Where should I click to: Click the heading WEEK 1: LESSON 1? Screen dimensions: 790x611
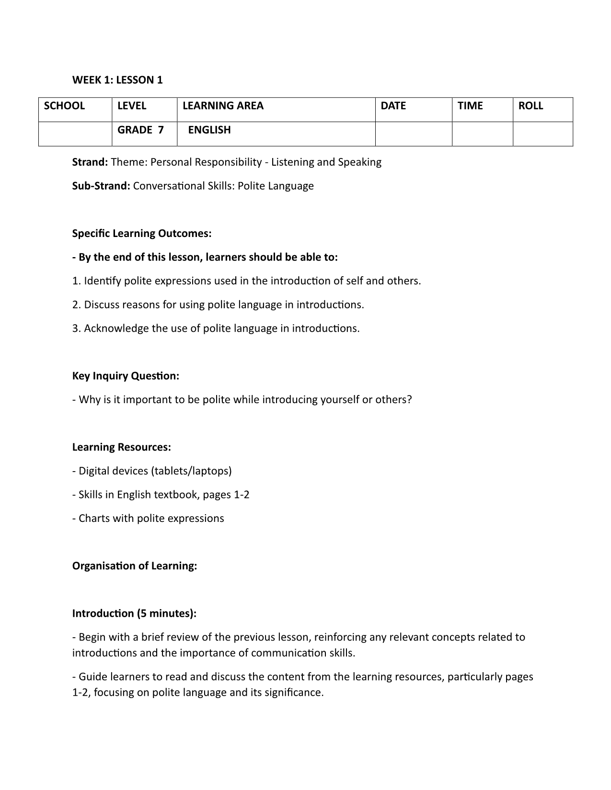[117, 80]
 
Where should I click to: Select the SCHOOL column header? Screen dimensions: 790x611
[64, 106]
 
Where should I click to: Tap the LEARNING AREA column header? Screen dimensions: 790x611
[223, 106]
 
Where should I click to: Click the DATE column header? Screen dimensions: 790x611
[393, 106]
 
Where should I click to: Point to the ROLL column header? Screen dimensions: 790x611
[530, 106]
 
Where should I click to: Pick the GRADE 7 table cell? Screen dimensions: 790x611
[140, 130]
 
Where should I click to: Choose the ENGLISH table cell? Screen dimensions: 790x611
[209, 130]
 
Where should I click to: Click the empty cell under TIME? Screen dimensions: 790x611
[482, 134]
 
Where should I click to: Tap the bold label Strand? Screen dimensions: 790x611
[90, 162]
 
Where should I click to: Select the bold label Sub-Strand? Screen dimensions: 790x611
[101, 186]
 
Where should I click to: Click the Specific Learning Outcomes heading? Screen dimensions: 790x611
[142, 233]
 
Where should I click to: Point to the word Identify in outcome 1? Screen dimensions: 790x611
[103, 281]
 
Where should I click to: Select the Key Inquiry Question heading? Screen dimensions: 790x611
[126, 376]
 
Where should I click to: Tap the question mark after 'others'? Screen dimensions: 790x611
[409, 399]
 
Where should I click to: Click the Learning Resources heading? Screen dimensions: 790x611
[121, 447]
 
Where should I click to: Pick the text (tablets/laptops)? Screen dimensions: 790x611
[191, 471]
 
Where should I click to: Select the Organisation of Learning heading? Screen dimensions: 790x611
[135, 565]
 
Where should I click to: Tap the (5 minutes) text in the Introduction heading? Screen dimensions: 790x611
[166, 613]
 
